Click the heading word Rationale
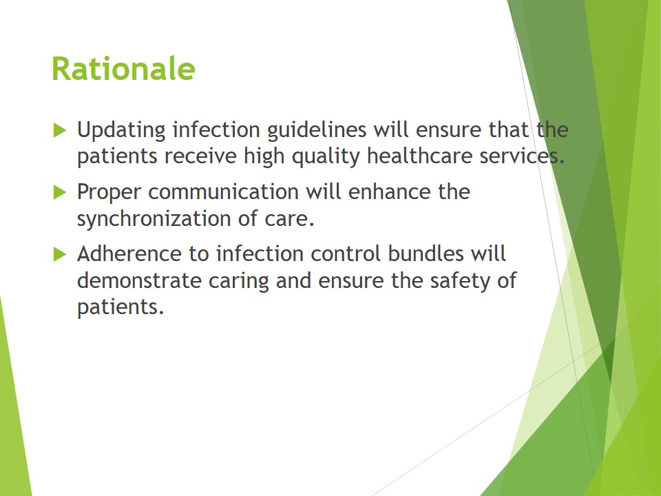(x=123, y=68)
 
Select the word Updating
(x=121, y=130)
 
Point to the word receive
(x=200, y=156)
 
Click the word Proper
(x=109, y=192)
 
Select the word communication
(x=223, y=192)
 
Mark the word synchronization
(x=154, y=218)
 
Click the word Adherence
(x=129, y=254)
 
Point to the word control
(x=346, y=254)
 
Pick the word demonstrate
(x=140, y=280)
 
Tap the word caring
(x=239, y=281)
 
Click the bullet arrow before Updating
(x=60, y=130)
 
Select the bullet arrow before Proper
(x=60, y=192)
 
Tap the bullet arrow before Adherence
(x=60, y=254)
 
